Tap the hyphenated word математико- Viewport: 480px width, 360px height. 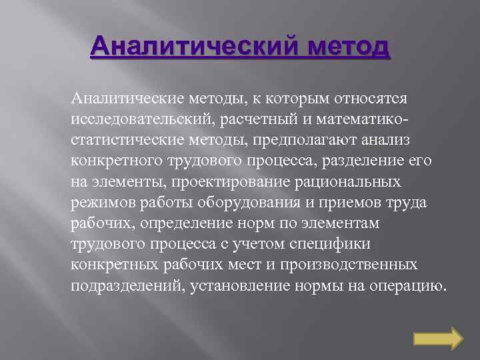pyautogui.click(x=343, y=119)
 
